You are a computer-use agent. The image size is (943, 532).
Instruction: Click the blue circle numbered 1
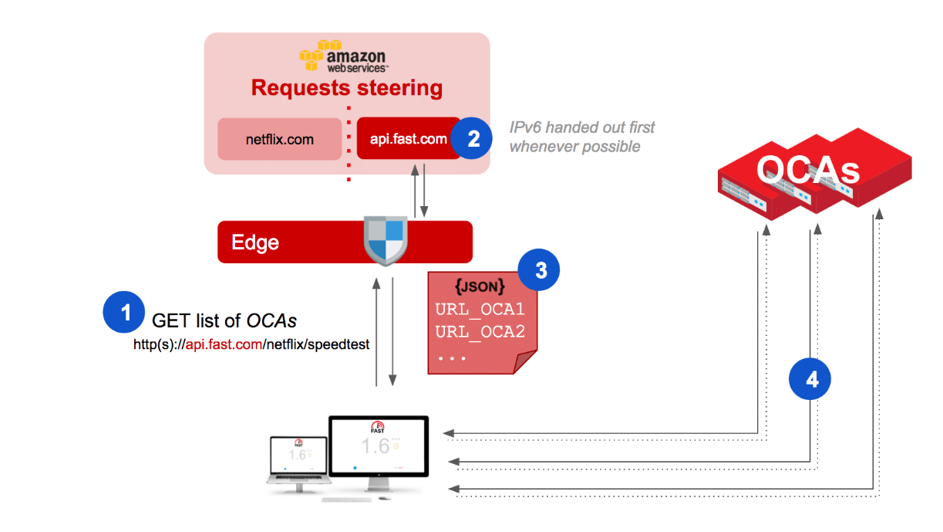pos(124,312)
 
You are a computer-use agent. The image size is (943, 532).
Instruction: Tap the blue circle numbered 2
pos(472,138)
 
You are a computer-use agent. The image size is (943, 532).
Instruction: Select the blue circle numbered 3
pos(539,269)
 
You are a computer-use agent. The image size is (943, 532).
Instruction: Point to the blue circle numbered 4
pos(810,379)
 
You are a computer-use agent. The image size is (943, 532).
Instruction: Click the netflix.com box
pos(280,139)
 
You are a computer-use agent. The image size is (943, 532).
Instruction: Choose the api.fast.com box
pos(409,138)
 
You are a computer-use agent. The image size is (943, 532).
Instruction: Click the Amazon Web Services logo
pos(344,56)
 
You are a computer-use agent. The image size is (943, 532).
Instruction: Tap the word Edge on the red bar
pos(255,242)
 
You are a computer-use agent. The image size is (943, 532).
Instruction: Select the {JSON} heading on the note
pos(480,286)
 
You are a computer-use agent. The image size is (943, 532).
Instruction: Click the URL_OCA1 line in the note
pos(480,310)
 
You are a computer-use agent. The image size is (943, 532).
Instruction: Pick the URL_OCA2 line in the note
pos(480,332)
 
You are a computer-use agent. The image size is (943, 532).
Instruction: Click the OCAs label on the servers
pos(808,169)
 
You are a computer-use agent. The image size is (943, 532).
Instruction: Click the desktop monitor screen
pos(378,446)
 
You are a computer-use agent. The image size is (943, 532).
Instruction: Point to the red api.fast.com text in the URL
pos(224,344)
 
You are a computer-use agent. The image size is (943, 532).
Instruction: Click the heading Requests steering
pos(347,88)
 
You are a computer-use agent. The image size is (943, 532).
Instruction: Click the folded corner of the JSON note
pos(524,361)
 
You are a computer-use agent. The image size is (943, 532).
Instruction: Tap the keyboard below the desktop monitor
pos(347,500)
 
